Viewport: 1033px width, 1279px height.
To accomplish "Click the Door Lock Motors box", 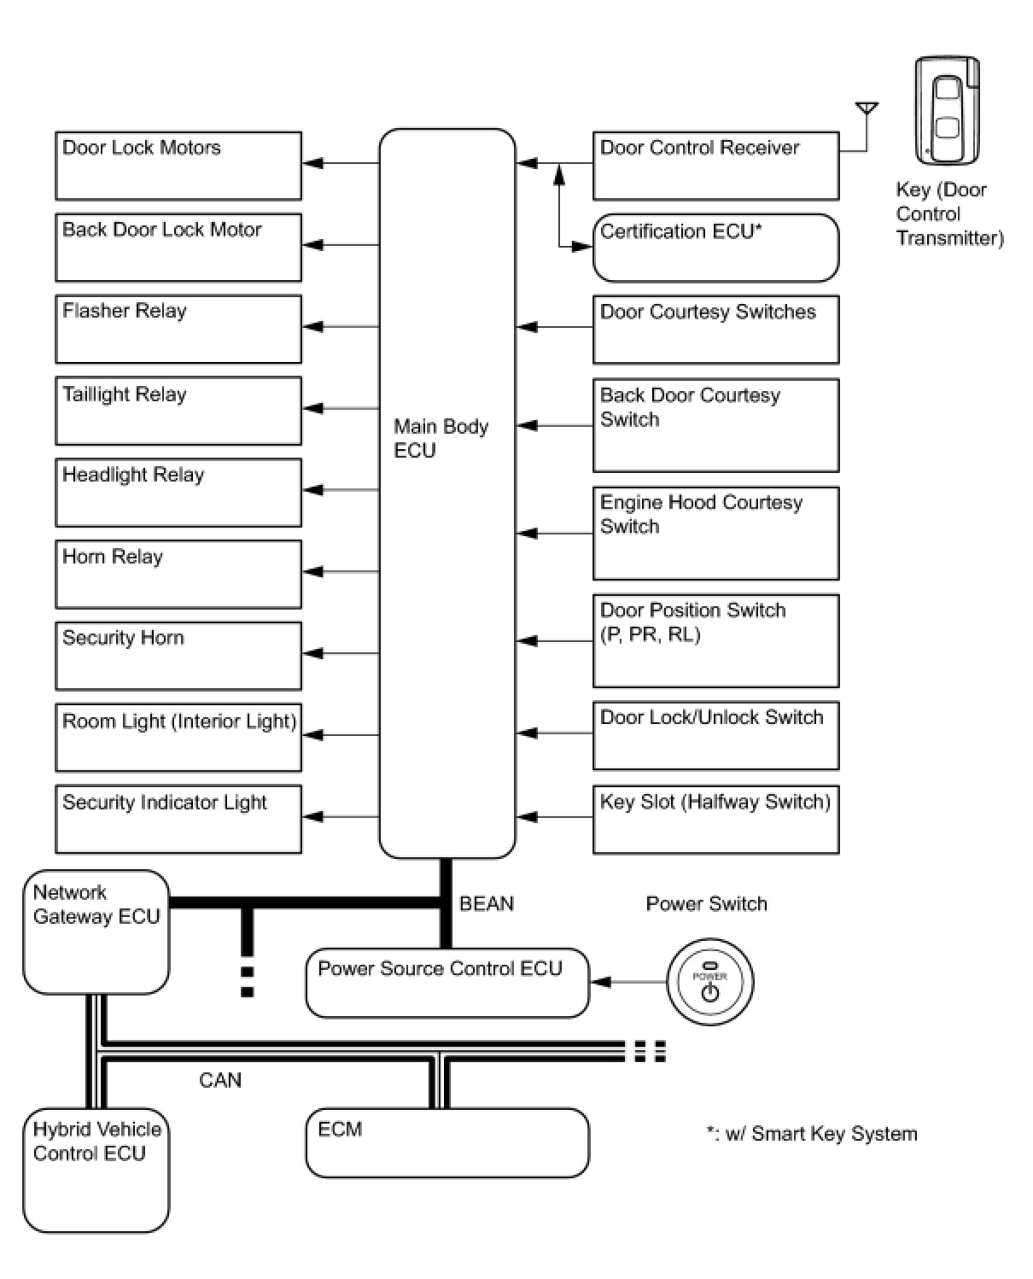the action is (x=178, y=166).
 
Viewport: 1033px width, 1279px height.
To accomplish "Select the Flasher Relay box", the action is (x=178, y=329).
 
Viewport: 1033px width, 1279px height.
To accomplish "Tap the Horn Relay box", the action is (x=178, y=574).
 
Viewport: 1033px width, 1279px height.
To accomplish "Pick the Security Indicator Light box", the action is (x=178, y=819).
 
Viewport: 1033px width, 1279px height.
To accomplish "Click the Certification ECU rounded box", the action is (x=715, y=248).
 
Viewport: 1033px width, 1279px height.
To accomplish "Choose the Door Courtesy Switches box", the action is (x=715, y=329).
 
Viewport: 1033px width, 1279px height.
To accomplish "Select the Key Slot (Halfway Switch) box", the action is (x=715, y=819).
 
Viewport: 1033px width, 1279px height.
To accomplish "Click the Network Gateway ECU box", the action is (x=96, y=932).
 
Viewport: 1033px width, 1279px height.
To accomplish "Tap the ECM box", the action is (x=447, y=1142).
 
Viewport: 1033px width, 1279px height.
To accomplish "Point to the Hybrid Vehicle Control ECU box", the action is (x=96, y=1170).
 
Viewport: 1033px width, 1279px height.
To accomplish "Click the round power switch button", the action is (x=710, y=982).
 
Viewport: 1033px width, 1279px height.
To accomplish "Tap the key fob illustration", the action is (x=947, y=110).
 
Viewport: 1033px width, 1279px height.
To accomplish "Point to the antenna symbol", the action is (x=867, y=126).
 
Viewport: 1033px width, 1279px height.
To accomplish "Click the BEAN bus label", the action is (x=486, y=903).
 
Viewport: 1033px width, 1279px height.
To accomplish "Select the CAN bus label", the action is (x=219, y=1080).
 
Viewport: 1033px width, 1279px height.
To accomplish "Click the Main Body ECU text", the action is (x=441, y=438).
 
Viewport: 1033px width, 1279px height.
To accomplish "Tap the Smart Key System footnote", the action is (x=812, y=1134).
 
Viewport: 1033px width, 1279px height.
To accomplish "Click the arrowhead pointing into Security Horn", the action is (x=313, y=653).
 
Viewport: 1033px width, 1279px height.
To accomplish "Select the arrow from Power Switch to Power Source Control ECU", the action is (x=628, y=982).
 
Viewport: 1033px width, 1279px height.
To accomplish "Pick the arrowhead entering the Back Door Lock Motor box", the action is (x=313, y=245).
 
